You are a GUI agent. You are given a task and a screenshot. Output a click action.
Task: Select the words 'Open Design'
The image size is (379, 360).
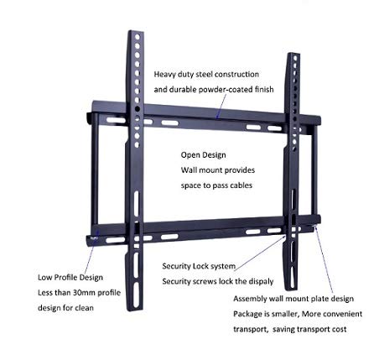point(204,155)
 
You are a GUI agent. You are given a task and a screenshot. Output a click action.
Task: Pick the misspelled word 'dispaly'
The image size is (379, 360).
point(261,281)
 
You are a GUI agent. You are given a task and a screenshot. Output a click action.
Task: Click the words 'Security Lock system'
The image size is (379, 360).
point(199,266)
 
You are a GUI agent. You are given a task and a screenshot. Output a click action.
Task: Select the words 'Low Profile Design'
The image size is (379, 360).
point(70,278)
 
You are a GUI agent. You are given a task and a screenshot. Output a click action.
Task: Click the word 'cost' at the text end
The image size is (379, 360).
point(339,329)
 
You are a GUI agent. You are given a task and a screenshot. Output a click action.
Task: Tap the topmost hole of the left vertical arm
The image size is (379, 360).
point(138,37)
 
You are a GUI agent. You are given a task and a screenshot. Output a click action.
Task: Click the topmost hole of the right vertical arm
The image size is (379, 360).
point(295,58)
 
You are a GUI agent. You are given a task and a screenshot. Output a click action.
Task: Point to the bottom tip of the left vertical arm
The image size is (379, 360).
point(135,310)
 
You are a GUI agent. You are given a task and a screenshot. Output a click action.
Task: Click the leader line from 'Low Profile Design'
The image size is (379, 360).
point(91,251)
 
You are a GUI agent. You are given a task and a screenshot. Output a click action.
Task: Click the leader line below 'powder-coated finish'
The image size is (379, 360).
point(221,107)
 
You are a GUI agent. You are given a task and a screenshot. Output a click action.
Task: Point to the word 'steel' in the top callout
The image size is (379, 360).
point(205,75)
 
